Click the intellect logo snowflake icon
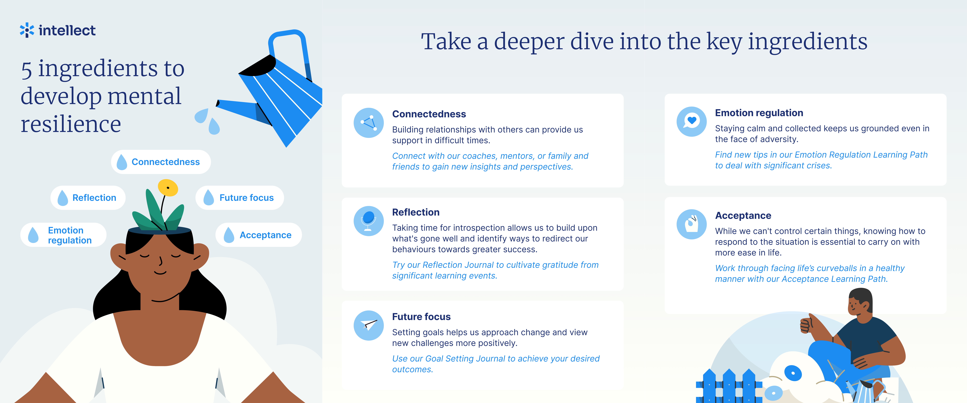pos(27,30)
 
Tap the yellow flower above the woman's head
pos(168,187)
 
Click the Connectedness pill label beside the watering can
pos(161,162)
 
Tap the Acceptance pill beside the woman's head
pos(259,235)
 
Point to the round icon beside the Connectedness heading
pos(369,123)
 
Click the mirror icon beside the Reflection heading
pos(369,221)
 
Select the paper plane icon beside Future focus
pos(369,325)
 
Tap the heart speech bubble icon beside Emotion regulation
pos(691,121)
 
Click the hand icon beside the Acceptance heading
pos(691,224)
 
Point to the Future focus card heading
pos(421,317)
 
